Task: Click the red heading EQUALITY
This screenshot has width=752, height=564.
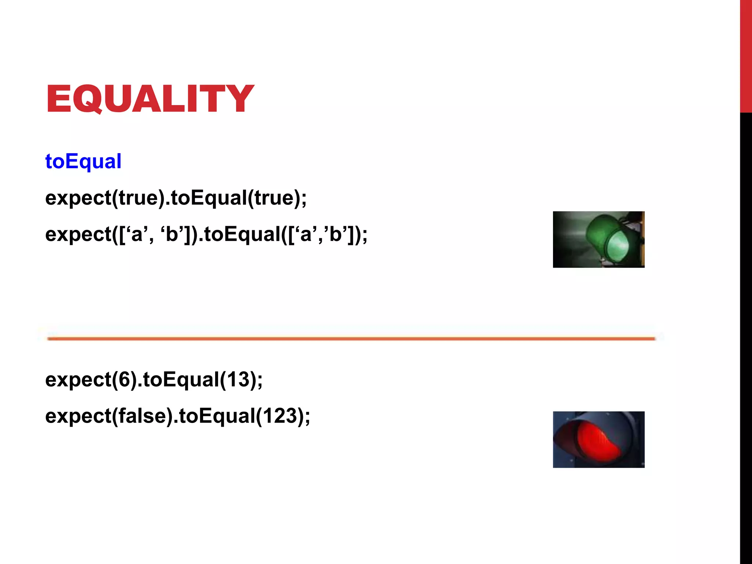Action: pyautogui.click(x=150, y=98)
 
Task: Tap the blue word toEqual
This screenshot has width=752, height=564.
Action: pyautogui.click(x=83, y=161)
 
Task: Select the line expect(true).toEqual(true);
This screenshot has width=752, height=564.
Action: pyautogui.click(x=176, y=198)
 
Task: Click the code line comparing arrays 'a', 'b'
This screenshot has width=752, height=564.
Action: pyautogui.click(x=206, y=234)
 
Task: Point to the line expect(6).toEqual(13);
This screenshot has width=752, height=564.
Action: pyautogui.click(x=154, y=379)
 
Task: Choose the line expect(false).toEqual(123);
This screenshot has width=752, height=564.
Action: pyautogui.click(x=177, y=416)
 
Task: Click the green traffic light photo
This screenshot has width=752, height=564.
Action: pyautogui.click(x=599, y=239)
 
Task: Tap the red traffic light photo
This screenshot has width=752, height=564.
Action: pyautogui.click(x=599, y=439)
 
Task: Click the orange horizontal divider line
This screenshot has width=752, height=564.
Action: pyautogui.click(x=351, y=339)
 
